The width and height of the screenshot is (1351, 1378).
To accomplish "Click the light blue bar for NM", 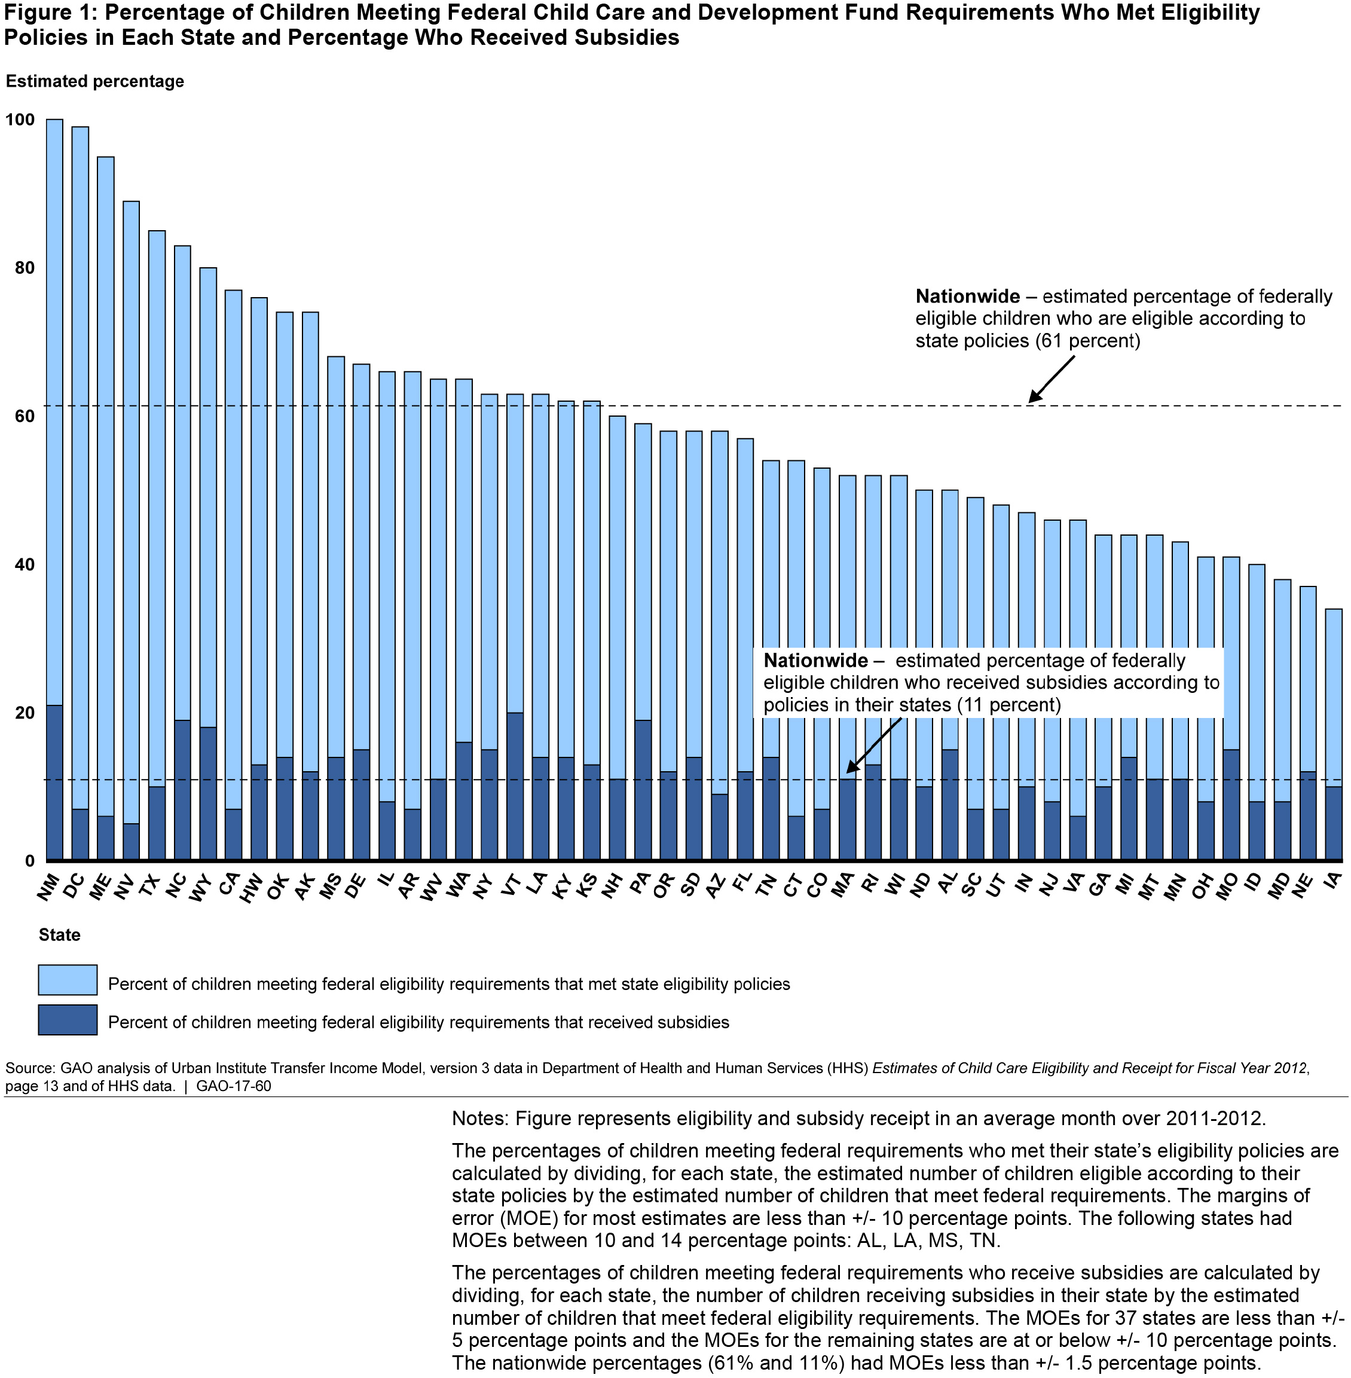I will pyautogui.click(x=54, y=411).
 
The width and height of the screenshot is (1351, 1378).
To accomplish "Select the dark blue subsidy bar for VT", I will pyautogui.click(x=515, y=786).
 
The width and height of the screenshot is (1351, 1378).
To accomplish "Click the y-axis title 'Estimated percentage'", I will pyautogui.click(x=94, y=81).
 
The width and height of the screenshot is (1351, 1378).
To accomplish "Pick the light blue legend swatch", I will pyautogui.click(x=68, y=980).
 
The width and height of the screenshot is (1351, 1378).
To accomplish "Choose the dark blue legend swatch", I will pyautogui.click(x=68, y=1020).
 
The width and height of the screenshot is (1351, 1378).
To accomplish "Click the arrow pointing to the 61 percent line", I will pyautogui.click(x=1051, y=379).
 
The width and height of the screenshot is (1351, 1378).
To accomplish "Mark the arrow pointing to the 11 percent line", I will pyautogui.click(x=873, y=744).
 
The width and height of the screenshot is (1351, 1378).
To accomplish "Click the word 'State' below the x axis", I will pyautogui.click(x=60, y=934).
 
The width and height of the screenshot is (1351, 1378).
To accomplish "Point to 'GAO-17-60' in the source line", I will pyautogui.click(x=234, y=1086).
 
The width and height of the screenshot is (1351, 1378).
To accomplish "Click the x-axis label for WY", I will pyautogui.click(x=203, y=888).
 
